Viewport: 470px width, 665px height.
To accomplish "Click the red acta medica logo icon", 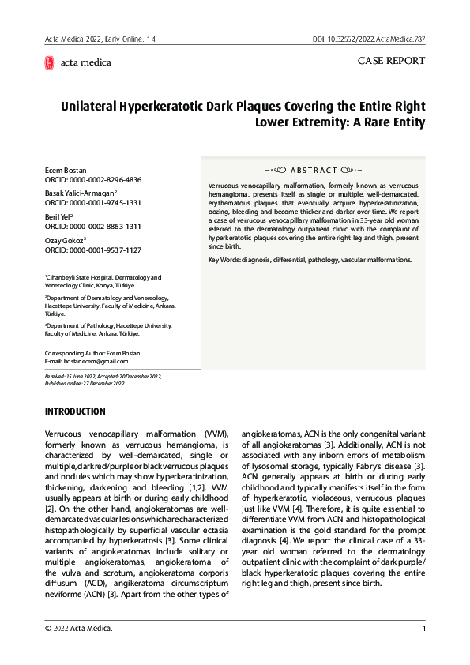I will [50, 62].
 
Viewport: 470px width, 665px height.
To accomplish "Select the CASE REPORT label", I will [391, 61].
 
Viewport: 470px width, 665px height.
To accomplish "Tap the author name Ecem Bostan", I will [66, 170].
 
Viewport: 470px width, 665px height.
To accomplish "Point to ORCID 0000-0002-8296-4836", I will [93, 180].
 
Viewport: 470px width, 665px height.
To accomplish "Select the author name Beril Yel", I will [59, 216].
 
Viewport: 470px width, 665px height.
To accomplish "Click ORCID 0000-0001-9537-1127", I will [93, 250].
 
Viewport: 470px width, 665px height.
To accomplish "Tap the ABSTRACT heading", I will [314, 170].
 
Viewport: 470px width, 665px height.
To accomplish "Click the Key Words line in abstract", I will [310, 260].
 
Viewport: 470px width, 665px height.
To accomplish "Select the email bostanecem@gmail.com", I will [82, 360].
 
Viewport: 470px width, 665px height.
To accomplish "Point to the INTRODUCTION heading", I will [75, 411].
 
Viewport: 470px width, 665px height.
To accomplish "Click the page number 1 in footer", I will [423, 629].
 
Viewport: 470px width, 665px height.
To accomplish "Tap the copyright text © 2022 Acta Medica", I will [78, 629].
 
